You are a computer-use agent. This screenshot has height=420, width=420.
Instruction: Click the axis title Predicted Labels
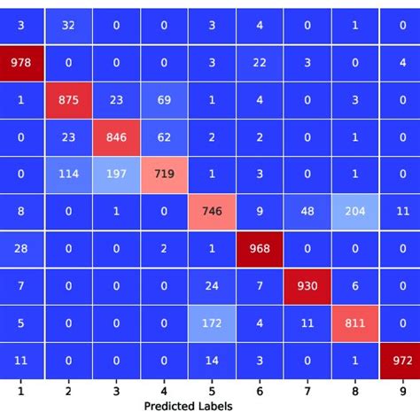pyautogui.click(x=188, y=407)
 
